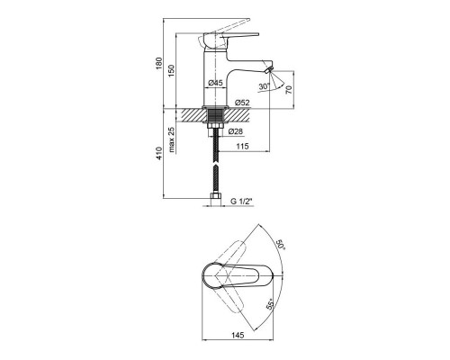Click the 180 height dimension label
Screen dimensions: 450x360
(159, 63)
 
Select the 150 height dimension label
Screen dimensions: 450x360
(171, 71)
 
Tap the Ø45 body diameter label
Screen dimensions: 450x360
(215, 83)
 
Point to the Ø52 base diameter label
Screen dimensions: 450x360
(242, 103)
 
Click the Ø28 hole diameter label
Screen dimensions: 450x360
(236, 131)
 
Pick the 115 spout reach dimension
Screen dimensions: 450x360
(242, 146)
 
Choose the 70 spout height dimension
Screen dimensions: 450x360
(289, 89)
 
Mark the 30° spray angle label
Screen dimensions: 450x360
(265, 86)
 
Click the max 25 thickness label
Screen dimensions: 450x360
(171, 139)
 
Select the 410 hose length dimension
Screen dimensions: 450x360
(159, 153)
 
